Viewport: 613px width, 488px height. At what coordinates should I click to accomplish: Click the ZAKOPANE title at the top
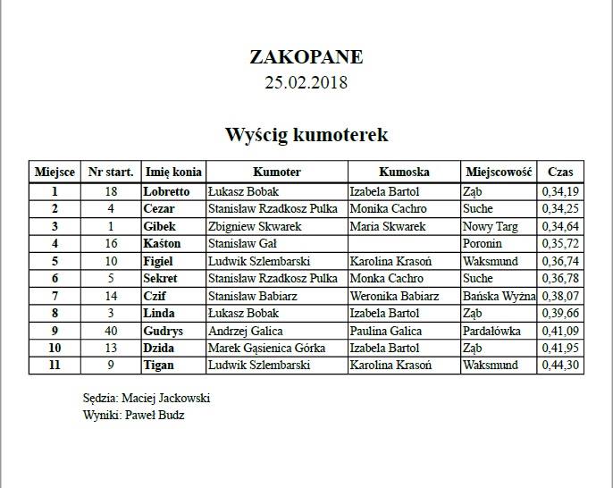click(x=306, y=57)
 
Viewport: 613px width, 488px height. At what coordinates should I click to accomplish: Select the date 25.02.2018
click(x=306, y=83)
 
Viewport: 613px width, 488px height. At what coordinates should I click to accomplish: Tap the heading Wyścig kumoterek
click(x=306, y=135)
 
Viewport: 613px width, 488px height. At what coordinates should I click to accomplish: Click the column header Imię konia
click(x=173, y=172)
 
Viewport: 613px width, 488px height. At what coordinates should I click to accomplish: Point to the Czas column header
click(x=560, y=172)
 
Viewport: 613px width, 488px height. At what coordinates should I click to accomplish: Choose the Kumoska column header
click(x=404, y=172)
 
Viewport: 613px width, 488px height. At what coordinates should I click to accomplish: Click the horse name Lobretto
click(x=166, y=191)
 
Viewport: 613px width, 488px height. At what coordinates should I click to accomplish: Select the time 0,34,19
click(x=560, y=191)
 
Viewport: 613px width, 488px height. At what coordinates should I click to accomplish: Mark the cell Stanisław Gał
click(x=243, y=243)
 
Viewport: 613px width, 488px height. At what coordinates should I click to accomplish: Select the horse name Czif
click(x=155, y=296)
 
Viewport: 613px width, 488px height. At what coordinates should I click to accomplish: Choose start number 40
click(x=111, y=331)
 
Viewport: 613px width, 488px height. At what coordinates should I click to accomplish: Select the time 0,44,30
click(x=560, y=366)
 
